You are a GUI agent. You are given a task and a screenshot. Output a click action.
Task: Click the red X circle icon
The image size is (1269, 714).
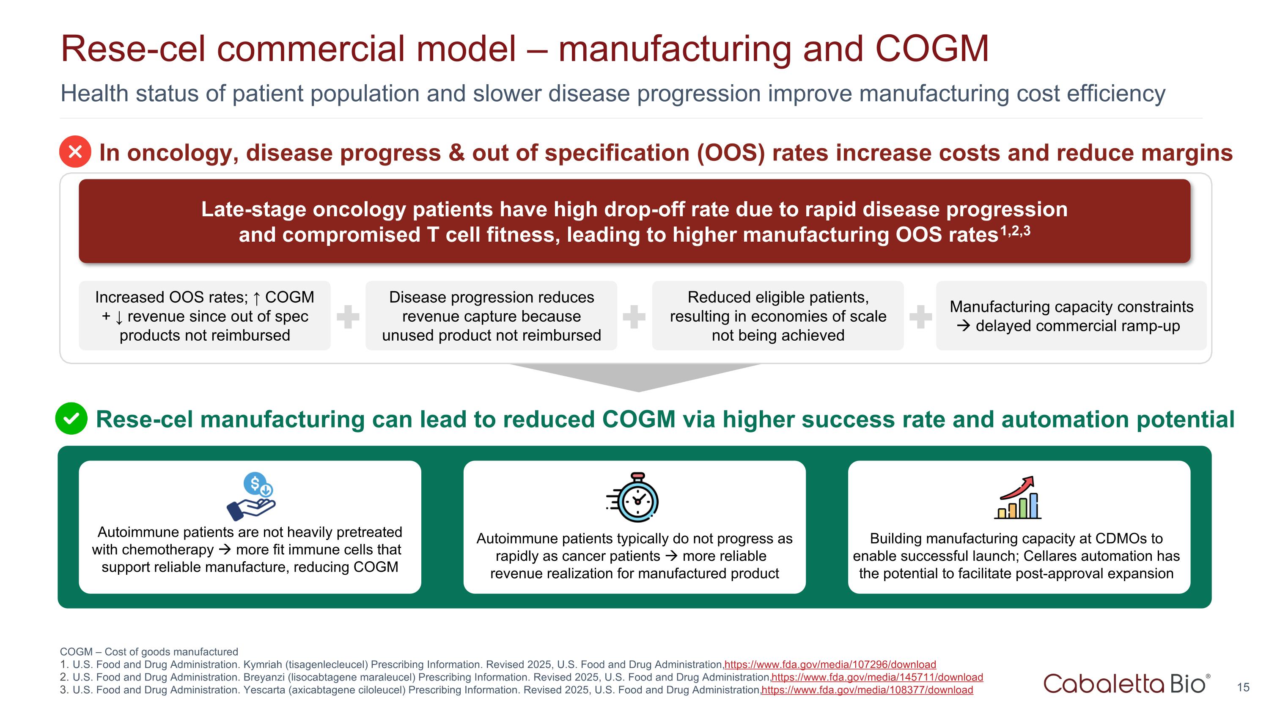75,152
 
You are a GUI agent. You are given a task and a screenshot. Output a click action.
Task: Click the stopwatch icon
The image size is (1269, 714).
634,498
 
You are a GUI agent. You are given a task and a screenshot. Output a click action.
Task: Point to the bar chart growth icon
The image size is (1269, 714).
1018,498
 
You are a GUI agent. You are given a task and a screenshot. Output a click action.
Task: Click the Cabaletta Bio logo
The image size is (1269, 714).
1126,684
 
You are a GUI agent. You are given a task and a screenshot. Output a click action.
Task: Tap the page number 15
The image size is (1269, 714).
1243,687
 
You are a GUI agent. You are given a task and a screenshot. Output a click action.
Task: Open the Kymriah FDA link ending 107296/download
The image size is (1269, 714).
830,665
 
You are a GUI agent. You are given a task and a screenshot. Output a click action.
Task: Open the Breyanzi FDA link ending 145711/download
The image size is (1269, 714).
877,678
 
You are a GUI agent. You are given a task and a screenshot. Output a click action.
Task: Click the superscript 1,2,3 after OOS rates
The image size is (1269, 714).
1016,231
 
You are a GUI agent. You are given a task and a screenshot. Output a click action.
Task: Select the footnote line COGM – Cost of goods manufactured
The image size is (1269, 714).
149,652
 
